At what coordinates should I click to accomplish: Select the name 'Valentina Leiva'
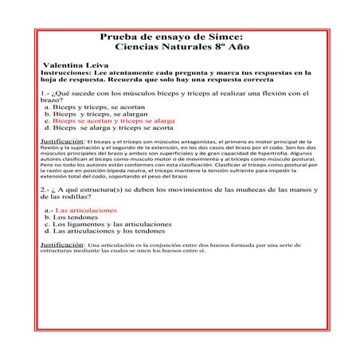(76, 63)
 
